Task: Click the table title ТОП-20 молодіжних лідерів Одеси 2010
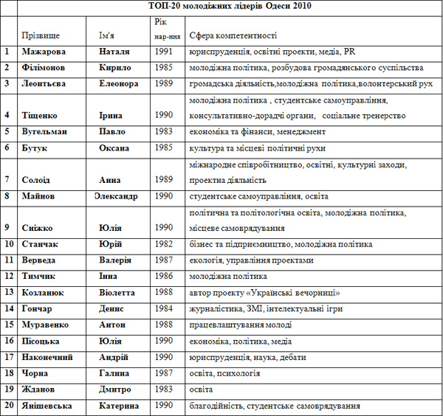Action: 230,7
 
